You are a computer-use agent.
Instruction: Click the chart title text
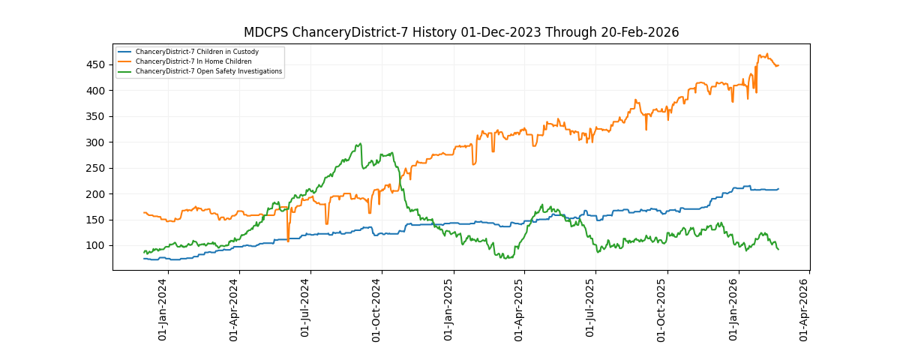(x=461, y=32)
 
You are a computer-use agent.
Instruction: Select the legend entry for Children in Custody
(x=196, y=52)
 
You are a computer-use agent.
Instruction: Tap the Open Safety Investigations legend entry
(x=208, y=71)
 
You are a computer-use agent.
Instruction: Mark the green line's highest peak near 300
(x=361, y=144)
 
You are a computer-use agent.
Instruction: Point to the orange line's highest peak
(x=766, y=54)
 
